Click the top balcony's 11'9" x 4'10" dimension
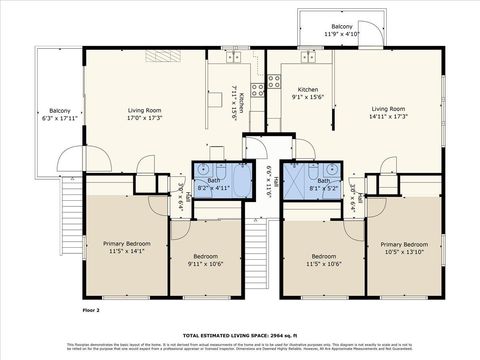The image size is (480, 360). click(341, 35)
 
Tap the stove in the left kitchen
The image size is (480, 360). click(257, 85)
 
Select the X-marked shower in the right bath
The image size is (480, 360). click(296, 181)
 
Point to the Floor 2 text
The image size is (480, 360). click(92, 311)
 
